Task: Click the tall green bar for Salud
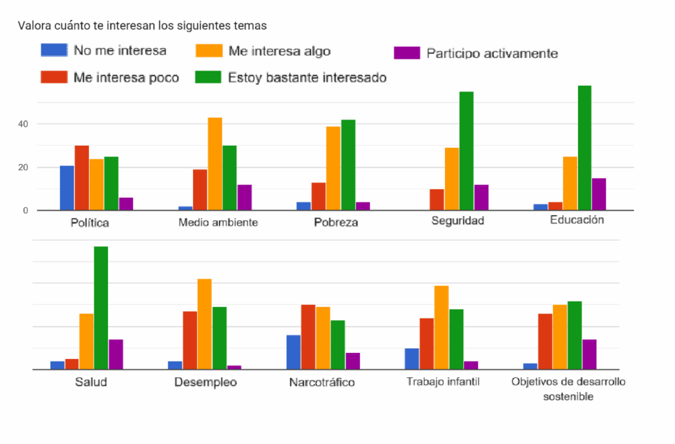(101, 307)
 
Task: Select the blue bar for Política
(67, 188)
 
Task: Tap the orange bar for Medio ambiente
(215, 164)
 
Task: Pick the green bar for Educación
(584, 148)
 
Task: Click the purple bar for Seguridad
(481, 197)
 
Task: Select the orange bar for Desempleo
(204, 324)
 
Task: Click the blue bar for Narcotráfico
(293, 352)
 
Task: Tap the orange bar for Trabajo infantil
(441, 327)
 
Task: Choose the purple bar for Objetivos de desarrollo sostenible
(589, 354)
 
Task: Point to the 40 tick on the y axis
(23, 124)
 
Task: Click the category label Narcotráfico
(322, 383)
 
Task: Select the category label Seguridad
(457, 220)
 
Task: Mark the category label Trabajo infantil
(443, 381)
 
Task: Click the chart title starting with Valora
(142, 26)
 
